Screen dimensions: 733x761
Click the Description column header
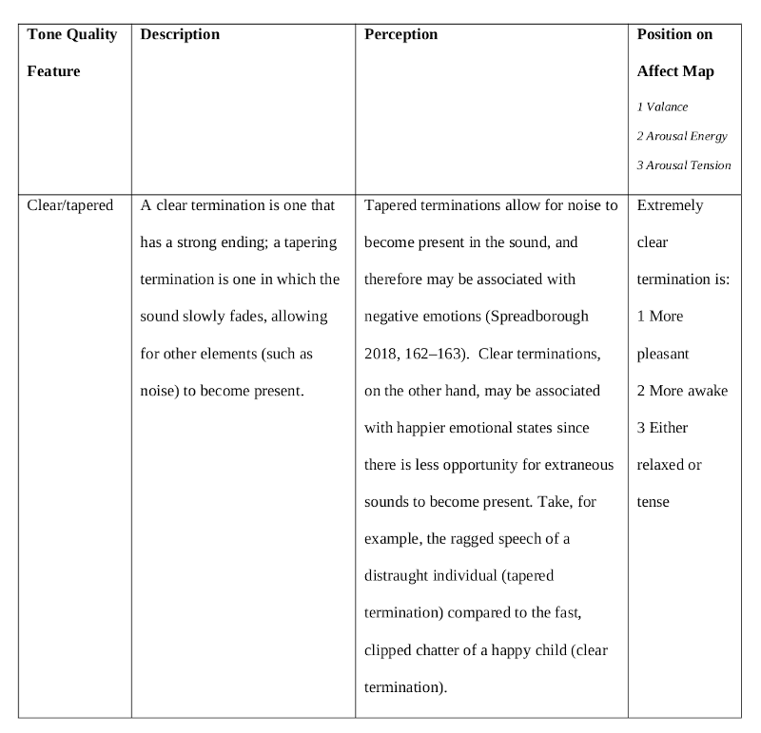[x=180, y=34]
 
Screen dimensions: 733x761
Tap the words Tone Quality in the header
[x=72, y=34]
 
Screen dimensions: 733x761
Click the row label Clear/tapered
[x=70, y=204]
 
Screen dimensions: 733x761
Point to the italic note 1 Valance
[x=662, y=107]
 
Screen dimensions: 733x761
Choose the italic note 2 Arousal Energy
[x=682, y=136]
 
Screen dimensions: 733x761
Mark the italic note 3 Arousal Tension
[x=684, y=165]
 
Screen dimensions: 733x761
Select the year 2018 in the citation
[x=381, y=354]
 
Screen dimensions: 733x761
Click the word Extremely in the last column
[x=671, y=204]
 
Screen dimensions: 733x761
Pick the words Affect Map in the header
[x=675, y=71]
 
